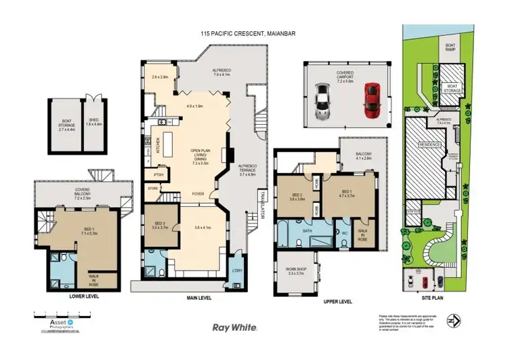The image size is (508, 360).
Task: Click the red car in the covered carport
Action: coord(371,98)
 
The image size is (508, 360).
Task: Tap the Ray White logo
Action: coord(234,327)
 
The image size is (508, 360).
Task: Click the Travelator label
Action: coord(260,212)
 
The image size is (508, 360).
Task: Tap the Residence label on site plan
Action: coord(430,145)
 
